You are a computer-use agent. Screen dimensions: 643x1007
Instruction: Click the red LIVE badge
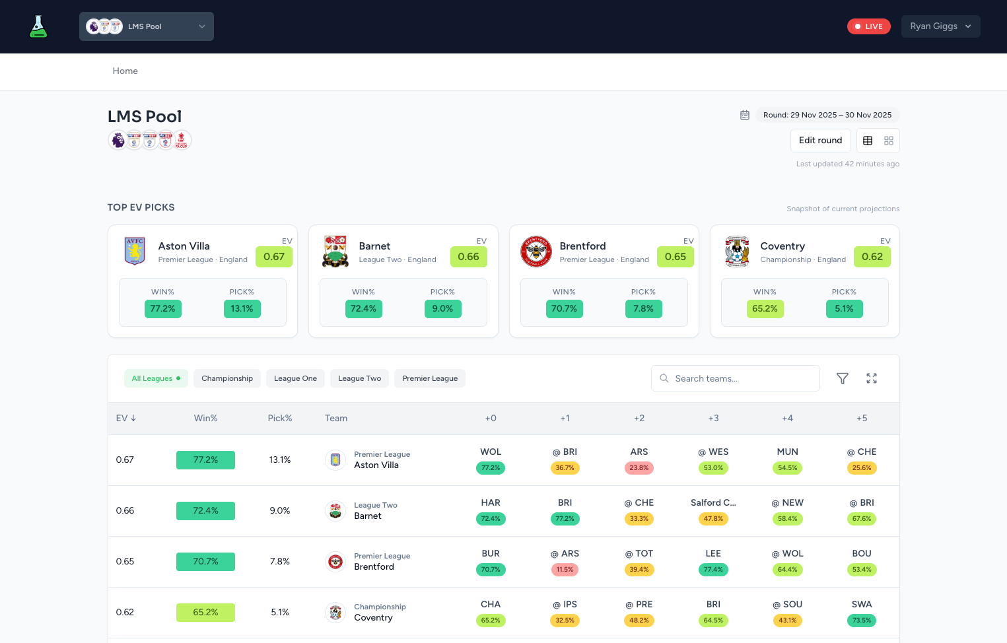tap(868, 26)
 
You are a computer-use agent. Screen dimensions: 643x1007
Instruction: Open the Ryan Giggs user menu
tap(940, 26)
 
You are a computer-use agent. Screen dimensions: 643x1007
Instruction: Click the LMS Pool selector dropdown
tap(147, 26)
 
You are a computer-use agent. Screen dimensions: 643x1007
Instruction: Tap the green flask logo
tap(38, 26)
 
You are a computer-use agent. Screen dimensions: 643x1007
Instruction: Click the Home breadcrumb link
tap(125, 71)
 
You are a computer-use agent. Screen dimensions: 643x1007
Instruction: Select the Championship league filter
tap(227, 378)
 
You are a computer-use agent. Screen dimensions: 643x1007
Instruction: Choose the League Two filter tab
tap(359, 378)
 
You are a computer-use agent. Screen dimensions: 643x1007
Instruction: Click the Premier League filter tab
tap(430, 378)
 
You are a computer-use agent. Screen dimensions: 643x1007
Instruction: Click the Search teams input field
tap(736, 378)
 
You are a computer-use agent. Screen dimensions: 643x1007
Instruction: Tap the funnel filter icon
tap(842, 378)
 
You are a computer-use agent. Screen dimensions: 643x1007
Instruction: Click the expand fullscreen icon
tap(872, 378)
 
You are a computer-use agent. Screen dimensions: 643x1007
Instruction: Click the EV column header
tap(125, 419)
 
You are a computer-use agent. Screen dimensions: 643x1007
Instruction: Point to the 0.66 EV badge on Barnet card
tap(468, 257)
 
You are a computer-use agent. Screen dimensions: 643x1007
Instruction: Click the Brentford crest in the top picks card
tap(536, 252)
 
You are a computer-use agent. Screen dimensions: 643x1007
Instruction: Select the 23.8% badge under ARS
tap(639, 468)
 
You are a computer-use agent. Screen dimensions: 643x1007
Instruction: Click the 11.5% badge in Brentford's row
tap(565, 570)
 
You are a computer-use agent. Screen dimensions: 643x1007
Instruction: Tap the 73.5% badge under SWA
tap(861, 621)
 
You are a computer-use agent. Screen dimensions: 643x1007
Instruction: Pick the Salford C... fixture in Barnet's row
tap(713, 503)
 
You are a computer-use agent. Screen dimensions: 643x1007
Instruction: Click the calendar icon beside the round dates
tap(745, 115)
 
